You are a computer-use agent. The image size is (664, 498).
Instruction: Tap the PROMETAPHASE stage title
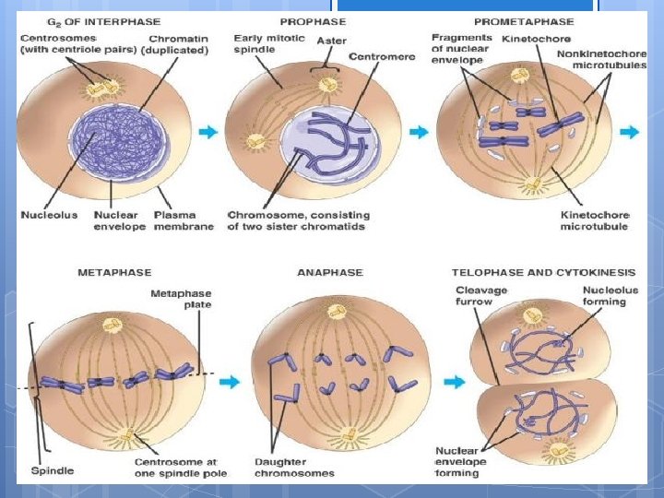point(523,22)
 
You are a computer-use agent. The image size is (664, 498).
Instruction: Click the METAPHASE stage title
point(114,273)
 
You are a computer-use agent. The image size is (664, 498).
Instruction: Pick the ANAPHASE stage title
point(330,273)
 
